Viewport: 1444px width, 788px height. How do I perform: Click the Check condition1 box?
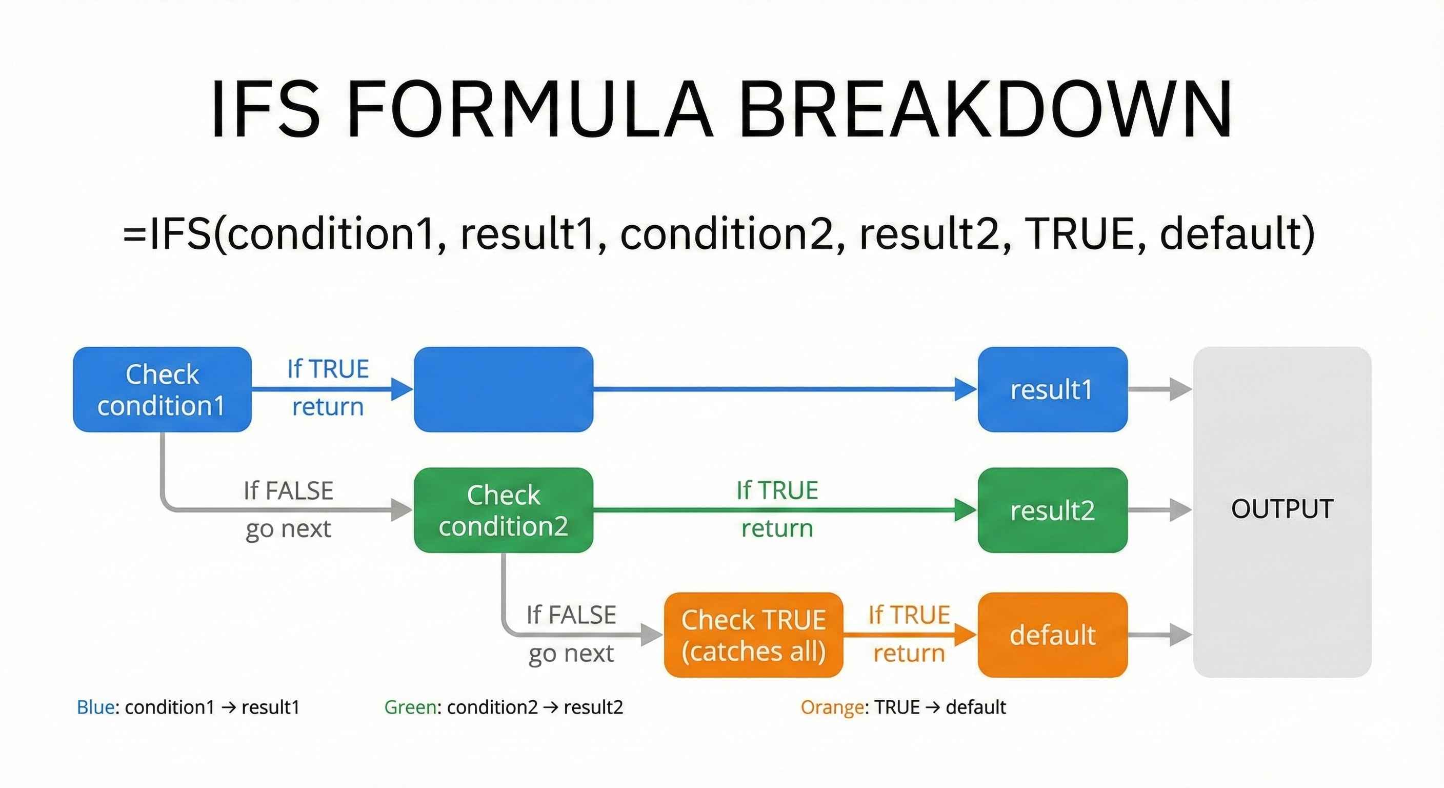162,389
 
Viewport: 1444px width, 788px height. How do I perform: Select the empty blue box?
504,389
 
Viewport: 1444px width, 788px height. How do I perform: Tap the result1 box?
1052,389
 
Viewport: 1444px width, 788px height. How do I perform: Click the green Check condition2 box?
504,510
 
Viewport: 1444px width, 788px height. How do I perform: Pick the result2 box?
1052,510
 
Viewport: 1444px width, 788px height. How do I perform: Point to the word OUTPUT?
1282,509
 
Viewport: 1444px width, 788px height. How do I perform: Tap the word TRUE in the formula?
1079,234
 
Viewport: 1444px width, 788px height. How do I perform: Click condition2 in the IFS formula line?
727,234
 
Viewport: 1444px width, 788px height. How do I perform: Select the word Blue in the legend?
96,707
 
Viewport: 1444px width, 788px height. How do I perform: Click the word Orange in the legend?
832,707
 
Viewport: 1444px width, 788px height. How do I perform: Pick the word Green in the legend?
410,707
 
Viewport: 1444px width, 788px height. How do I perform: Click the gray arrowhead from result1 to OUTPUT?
1180,389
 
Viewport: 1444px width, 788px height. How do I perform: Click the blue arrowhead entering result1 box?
965,389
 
